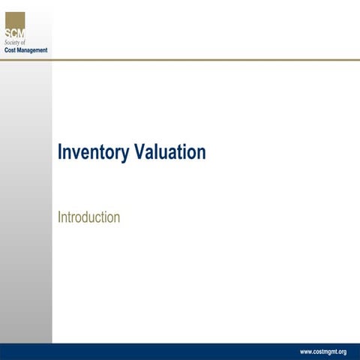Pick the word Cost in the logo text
point(12,50)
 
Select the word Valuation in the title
point(169,152)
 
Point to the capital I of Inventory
point(60,152)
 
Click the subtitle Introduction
point(88,217)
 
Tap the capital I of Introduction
point(59,217)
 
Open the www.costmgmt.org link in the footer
point(322,351)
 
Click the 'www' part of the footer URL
point(306,351)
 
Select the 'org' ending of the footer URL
point(341,352)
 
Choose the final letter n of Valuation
point(202,154)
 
